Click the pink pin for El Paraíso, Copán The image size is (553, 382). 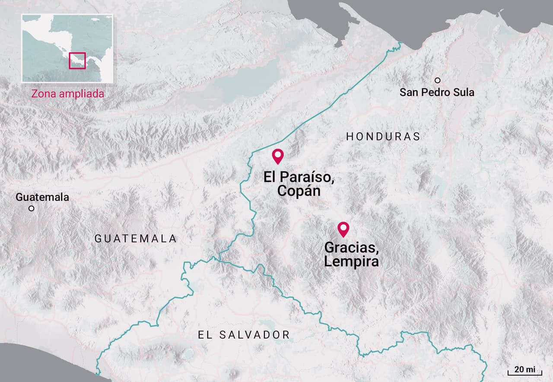click(277, 155)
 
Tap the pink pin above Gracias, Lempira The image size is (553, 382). click(343, 228)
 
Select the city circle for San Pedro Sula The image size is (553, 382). click(437, 80)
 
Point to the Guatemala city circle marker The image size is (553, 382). click(31, 208)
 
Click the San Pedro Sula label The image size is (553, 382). click(436, 92)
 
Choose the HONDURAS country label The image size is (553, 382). click(383, 137)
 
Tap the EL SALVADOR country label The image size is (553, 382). click(244, 334)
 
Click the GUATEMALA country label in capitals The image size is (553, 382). click(136, 239)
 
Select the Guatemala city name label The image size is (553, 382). click(42, 197)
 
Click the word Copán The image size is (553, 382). click(299, 191)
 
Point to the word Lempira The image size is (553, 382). click(351, 261)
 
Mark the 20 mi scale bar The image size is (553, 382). click(524, 371)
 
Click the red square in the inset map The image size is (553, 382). click(77, 60)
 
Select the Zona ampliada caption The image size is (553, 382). click(67, 93)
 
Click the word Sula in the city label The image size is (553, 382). click(464, 92)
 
